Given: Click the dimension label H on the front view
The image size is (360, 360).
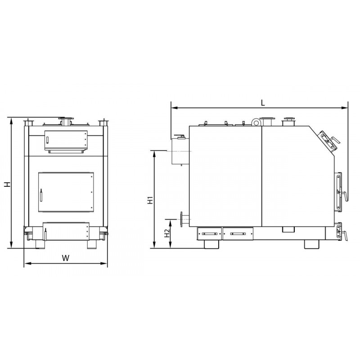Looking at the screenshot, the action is point(8,184).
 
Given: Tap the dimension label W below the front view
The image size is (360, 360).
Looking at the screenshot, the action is point(65,258).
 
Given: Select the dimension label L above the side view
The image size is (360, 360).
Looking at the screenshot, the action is point(263,103).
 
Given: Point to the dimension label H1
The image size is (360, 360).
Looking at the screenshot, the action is point(150,200).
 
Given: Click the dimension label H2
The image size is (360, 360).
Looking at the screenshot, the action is point(167,233).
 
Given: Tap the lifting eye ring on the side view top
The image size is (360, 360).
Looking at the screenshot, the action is point(256,122).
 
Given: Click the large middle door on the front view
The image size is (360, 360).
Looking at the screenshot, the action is point(66,192).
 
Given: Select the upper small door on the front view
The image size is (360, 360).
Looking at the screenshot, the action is point(66,140).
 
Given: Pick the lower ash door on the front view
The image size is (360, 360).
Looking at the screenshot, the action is point(66,231).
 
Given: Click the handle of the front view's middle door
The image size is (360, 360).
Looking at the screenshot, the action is point(41,195).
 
